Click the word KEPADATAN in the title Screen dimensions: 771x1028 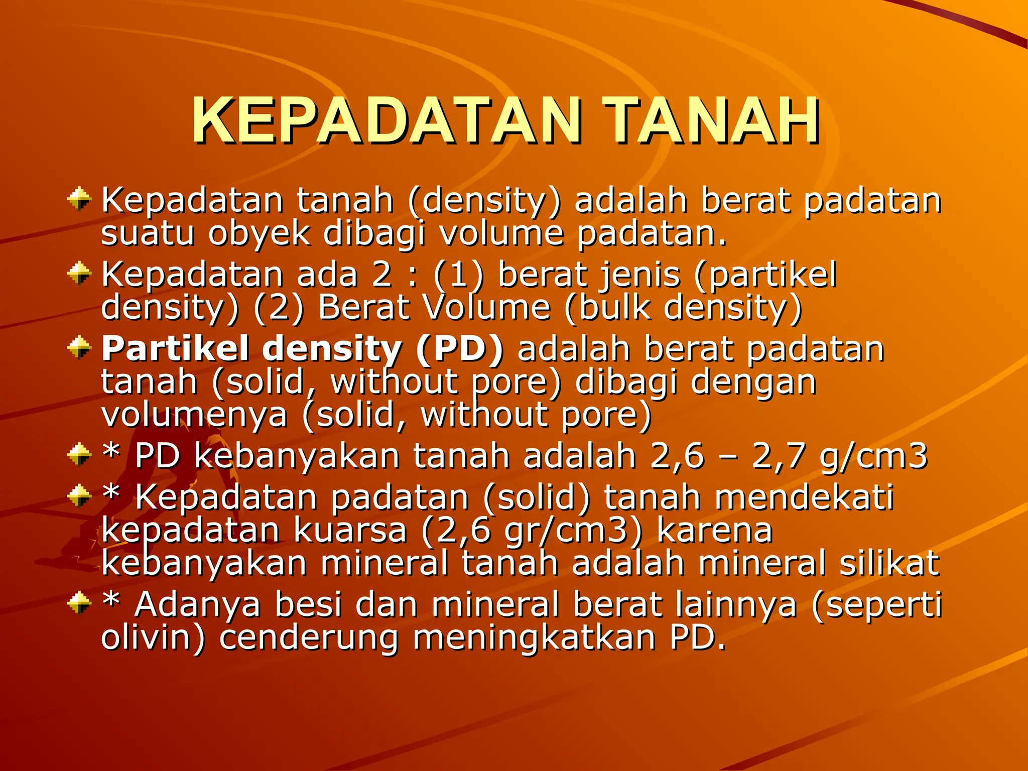(x=387, y=121)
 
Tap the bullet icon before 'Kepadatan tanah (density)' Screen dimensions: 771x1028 (x=79, y=199)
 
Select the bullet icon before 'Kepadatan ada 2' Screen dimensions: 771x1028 (x=79, y=274)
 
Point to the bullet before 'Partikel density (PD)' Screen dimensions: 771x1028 (x=79, y=348)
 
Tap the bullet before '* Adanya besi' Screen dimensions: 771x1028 (x=79, y=603)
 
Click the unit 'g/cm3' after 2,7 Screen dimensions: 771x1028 (x=873, y=456)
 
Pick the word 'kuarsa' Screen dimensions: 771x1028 (x=350, y=531)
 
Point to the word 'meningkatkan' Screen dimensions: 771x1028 (x=534, y=638)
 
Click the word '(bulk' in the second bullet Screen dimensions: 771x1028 (x=607, y=307)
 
